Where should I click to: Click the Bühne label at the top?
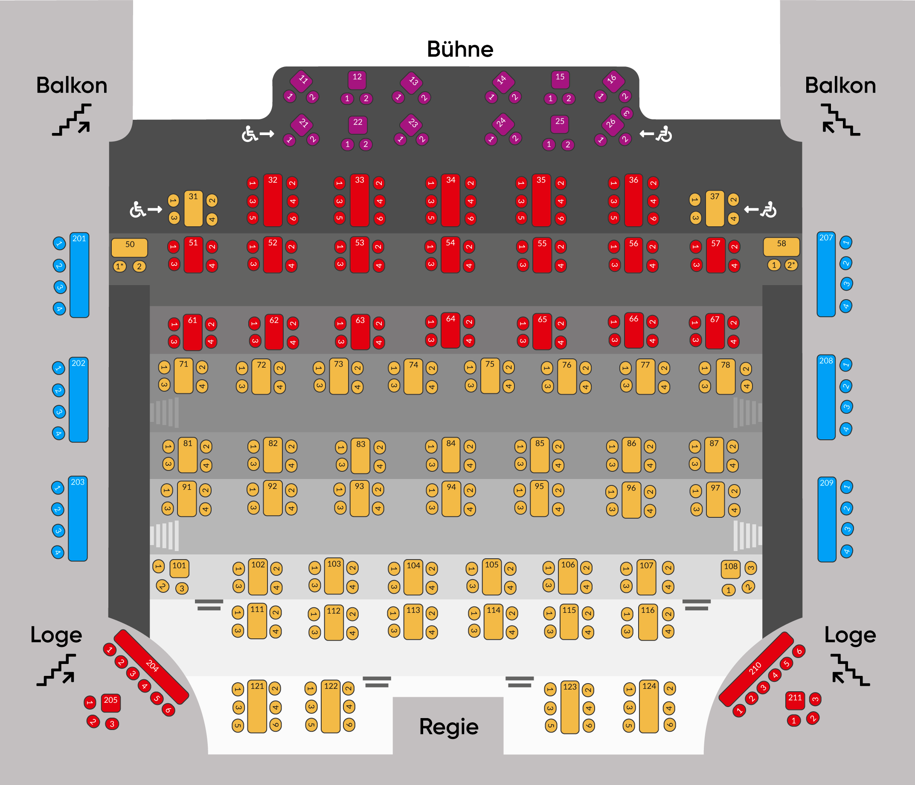460,49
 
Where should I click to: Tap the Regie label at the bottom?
448,726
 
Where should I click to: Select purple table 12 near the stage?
357,80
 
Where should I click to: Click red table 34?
450,201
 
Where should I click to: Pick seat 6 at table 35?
561,219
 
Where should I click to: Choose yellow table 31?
193,208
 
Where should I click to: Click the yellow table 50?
129,247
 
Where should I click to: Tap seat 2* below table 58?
790,265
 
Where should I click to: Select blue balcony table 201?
79,274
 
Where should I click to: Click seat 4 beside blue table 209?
846,551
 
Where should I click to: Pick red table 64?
450,330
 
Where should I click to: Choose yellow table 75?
490,375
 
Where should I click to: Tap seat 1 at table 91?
166,490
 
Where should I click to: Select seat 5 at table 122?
311,724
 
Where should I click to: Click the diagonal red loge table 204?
151,666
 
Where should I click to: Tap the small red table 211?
795,700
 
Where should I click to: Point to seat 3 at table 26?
626,113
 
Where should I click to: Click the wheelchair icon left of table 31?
138,210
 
